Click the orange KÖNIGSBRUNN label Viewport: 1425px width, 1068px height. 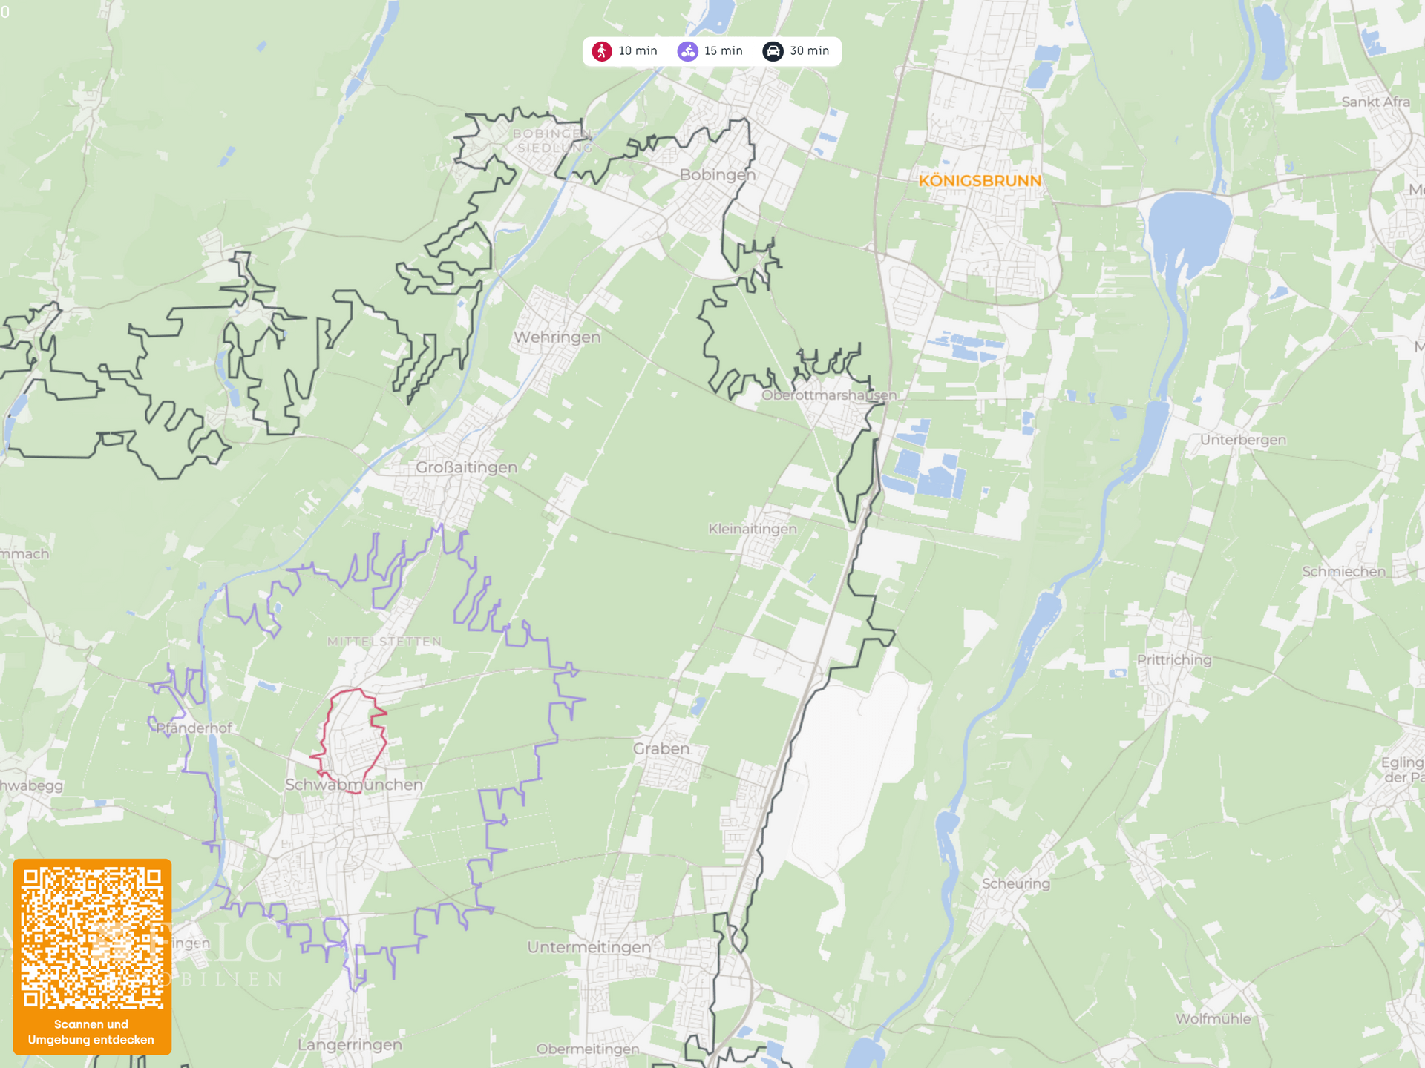coord(980,181)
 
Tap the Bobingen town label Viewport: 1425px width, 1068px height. coord(717,175)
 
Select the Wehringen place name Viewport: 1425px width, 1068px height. coord(557,337)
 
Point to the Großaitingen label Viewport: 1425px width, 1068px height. coord(466,468)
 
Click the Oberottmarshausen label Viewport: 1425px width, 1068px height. coord(829,395)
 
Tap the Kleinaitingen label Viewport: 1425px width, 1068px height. coord(752,529)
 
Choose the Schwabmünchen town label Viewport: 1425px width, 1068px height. coord(354,785)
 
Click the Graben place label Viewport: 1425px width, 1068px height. coord(661,749)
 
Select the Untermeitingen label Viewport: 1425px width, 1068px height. coord(589,947)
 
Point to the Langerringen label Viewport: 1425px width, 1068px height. coord(350,1045)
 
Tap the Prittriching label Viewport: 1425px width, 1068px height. coord(1173,660)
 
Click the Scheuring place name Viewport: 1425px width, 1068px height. coord(1015,883)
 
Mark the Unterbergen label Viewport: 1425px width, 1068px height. coord(1242,440)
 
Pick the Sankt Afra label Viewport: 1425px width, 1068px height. coord(1375,102)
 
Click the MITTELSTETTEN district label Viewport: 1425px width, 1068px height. coord(384,642)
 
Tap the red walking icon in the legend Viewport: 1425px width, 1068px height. coord(602,51)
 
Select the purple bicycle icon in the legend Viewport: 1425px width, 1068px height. coord(688,51)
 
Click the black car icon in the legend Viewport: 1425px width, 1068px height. coord(773,51)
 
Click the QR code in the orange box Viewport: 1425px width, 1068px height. coord(92,938)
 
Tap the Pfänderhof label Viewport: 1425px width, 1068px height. coord(194,728)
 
